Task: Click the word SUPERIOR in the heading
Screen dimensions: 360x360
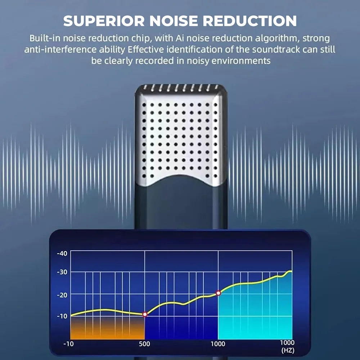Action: click(104, 21)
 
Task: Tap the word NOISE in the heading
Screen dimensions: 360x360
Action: click(174, 21)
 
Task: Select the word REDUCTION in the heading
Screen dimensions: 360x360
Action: click(249, 21)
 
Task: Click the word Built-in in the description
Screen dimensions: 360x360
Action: click(45, 38)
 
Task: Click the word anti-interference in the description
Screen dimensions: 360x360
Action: click(60, 50)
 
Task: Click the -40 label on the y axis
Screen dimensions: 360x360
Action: click(62, 253)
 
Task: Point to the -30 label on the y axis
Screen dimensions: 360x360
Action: click(62, 272)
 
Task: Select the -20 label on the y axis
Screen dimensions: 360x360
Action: click(62, 295)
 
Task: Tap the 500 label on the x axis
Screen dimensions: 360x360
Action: click(144, 344)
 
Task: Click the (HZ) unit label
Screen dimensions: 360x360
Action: click(288, 350)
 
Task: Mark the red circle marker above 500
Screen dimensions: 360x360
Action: click(145, 314)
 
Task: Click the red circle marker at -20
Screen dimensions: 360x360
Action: click(219, 293)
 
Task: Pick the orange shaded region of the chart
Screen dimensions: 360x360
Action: click(107, 328)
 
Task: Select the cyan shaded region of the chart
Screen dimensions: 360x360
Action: click(255, 315)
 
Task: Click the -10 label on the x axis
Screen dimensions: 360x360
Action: click(68, 344)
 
